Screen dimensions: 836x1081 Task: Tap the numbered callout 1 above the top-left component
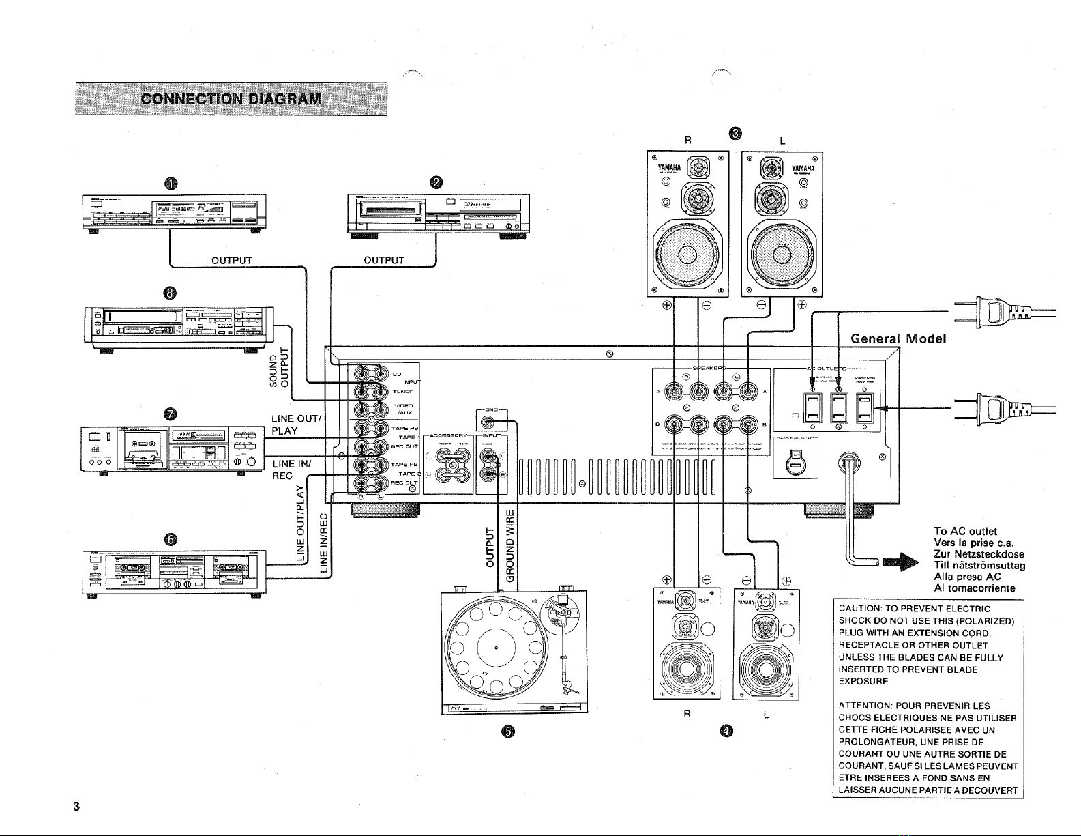coord(170,182)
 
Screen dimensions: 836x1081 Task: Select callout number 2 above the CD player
coord(436,182)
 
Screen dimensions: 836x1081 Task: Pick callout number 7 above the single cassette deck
coord(170,414)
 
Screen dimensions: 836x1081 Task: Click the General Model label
coord(899,339)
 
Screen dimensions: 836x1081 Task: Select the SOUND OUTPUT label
coord(280,369)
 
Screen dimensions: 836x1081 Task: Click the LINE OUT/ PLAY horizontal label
coord(298,424)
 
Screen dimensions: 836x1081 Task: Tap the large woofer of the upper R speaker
coord(687,254)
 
